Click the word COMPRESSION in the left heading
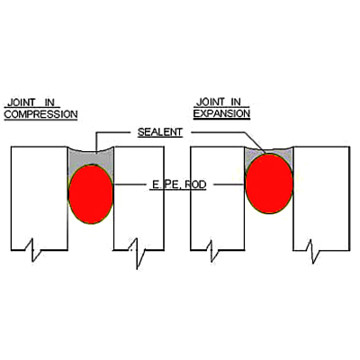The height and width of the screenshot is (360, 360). pyautogui.click(x=40, y=114)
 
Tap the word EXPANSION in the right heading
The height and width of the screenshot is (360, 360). pyautogui.click(x=221, y=113)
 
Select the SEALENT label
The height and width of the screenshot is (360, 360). pyautogui.click(x=160, y=132)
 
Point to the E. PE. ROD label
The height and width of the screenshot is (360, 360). pyautogui.click(x=178, y=184)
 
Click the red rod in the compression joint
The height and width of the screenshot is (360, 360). pyautogui.click(x=91, y=194)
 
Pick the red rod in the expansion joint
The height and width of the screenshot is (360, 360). pyautogui.click(x=269, y=184)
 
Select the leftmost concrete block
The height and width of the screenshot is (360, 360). pyautogui.click(x=40, y=198)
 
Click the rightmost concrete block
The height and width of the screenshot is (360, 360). pyautogui.click(x=321, y=198)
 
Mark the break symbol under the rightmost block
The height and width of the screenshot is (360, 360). pyautogui.click(x=313, y=251)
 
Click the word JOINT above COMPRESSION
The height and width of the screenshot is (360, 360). pyautogui.click(x=21, y=103)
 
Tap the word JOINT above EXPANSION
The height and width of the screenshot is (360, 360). pyautogui.click(x=210, y=102)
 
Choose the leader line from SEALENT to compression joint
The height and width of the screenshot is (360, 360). pyautogui.click(x=112, y=132)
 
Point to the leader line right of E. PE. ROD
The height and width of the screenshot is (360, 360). pyautogui.click(x=229, y=184)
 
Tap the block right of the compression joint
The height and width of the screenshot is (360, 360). pyautogui.click(x=139, y=198)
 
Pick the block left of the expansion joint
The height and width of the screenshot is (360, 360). pyautogui.click(x=218, y=198)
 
